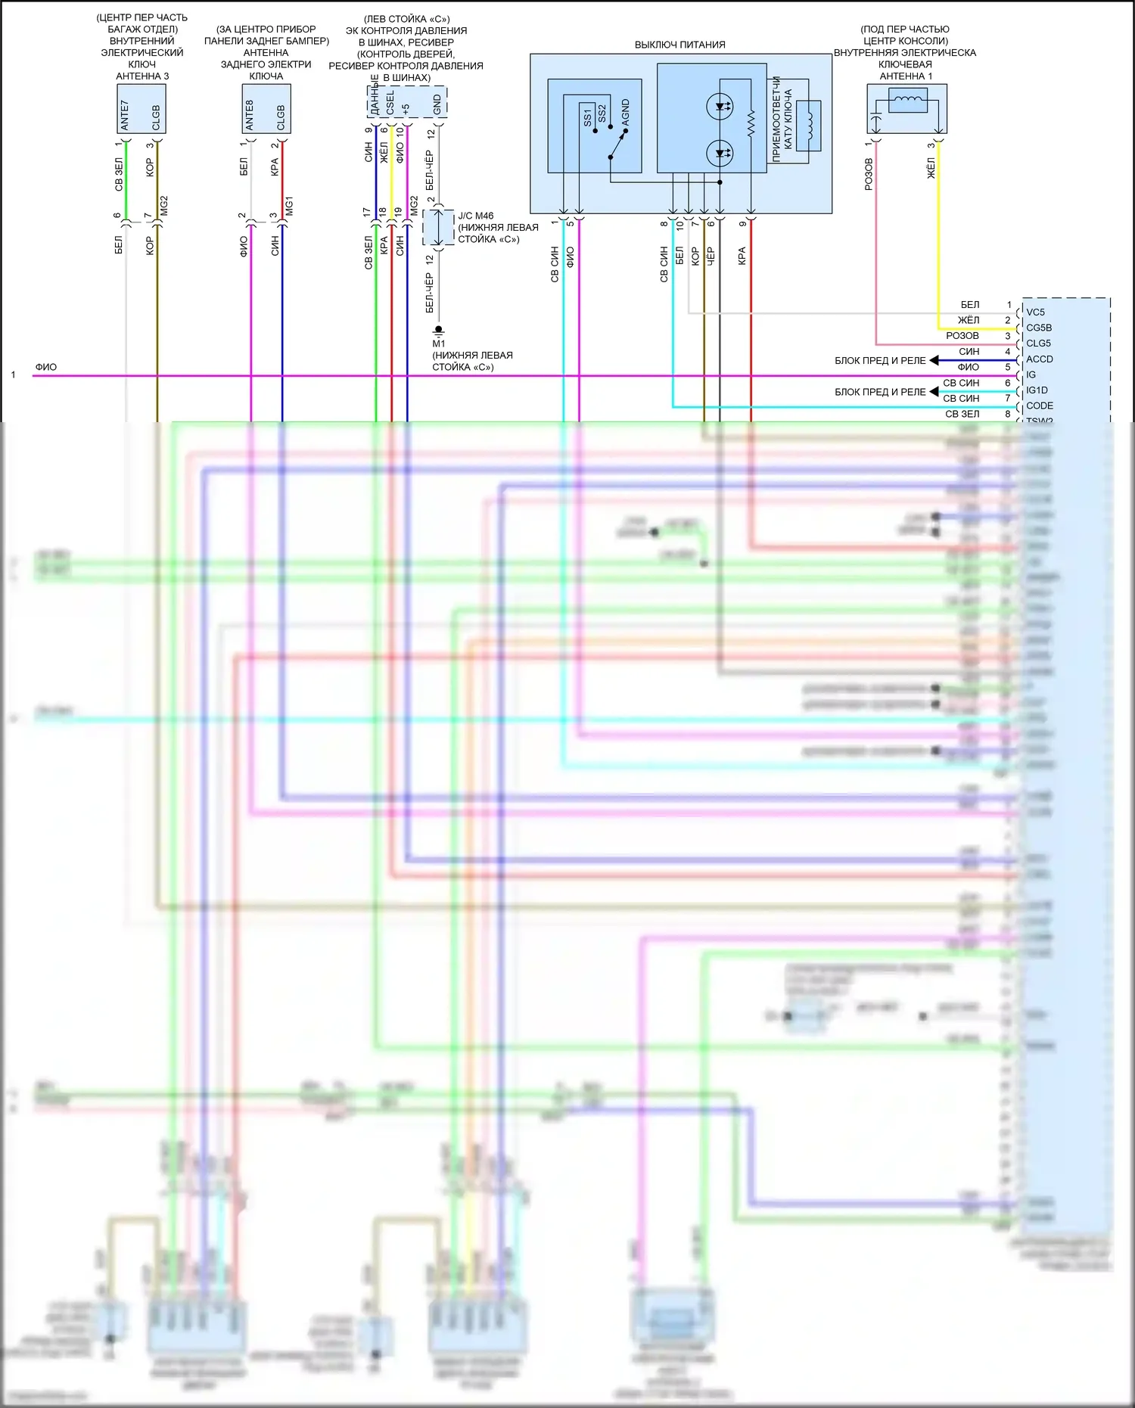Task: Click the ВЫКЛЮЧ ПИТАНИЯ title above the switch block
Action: (x=679, y=45)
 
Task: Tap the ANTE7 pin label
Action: (x=125, y=115)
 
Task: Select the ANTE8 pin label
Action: (x=250, y=115)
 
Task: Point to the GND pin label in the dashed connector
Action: (x=437, y=105)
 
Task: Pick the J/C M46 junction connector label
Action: (x=475, y=216)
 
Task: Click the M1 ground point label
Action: (x=439, y=343)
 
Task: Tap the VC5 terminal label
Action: (x=1035, y=312)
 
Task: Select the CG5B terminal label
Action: (x=1038, y=328)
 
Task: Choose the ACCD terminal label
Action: (x=1039, y=359)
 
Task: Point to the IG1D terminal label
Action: (x=1037, y=390)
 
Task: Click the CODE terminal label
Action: (x=1039, y=406)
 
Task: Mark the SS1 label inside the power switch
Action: (x=588, y=117)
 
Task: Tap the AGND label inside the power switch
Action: (x=626, y=113)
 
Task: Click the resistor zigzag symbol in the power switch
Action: (x=751, y=124)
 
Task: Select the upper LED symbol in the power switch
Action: (x=719, y=107)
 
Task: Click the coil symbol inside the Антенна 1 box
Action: (x=907, y=99)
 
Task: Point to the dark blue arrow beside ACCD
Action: (x=934, y=360)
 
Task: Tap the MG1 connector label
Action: (x=289, y=206)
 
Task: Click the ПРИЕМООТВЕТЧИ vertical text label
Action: (x=776, y=119)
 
